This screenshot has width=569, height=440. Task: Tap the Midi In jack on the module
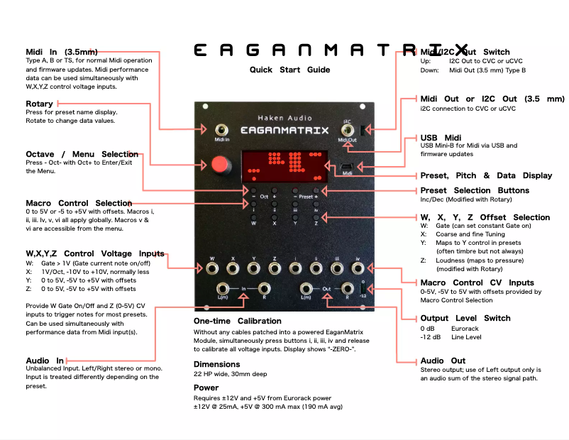click(x=222, y=130)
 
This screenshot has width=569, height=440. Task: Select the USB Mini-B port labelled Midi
click(x=348, y=165)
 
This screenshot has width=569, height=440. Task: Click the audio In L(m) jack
click(x=222, y=288)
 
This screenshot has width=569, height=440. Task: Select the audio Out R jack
click(x=347, y=288)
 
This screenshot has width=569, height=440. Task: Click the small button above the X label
click(x=275, y=216)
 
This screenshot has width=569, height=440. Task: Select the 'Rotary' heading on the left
click(x=39, y=104)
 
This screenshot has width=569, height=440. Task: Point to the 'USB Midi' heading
click(x=441, y=138)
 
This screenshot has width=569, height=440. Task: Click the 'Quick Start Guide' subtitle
click(x=289, y=70)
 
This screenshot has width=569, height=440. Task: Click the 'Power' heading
click(x=206, y=387)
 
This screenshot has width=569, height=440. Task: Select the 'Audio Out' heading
click(x=443, y=361)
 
